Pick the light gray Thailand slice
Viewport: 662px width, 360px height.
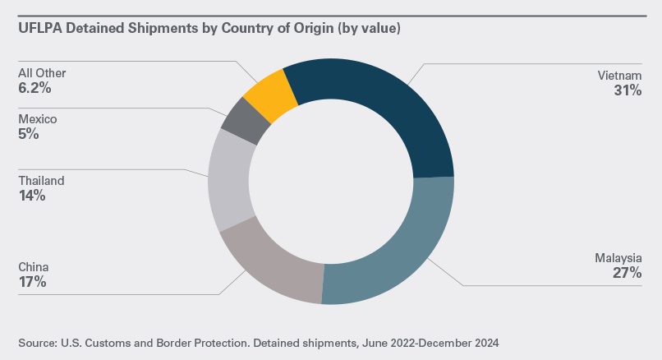[229, 181]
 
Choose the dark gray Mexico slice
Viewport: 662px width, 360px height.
[246, 120]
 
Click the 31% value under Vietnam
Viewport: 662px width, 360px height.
[627, 91]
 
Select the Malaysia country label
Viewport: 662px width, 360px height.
[616, 259]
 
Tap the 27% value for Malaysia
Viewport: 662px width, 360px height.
[626, 274]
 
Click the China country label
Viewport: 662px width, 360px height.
[34, 267]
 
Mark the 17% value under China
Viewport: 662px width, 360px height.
[32, 282]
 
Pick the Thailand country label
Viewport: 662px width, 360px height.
[41, 181]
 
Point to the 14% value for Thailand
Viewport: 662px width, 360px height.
[32, 196]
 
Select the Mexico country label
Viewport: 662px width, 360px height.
[38, 119]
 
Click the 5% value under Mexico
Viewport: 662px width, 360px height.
[29, 134]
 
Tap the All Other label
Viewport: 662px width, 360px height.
[42, 73]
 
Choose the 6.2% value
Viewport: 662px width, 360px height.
[34, 87]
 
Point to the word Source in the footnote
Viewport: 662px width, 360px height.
[37, 340]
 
